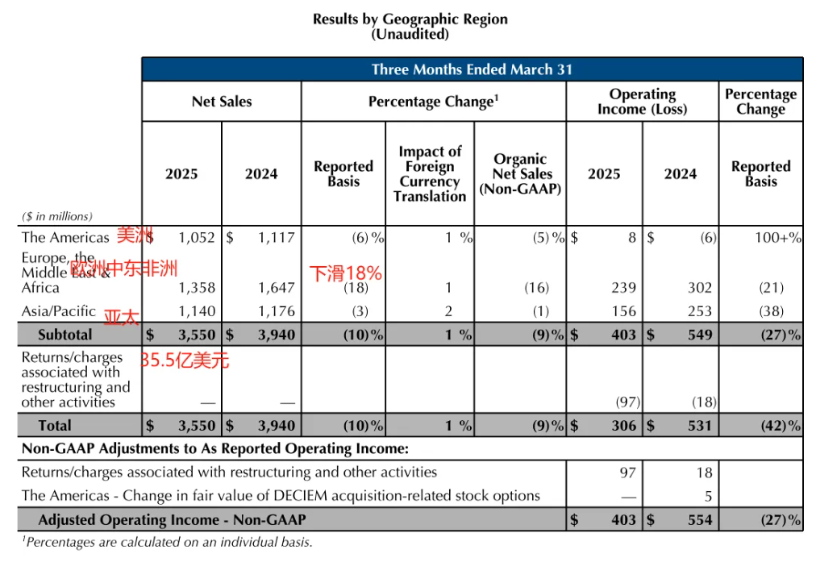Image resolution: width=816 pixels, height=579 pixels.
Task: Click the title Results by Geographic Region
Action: [x=410, y=19]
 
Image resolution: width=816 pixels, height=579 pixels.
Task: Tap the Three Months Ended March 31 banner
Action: [x=472, y=69]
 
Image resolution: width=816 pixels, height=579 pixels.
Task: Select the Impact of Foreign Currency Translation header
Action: [x=430, y=173]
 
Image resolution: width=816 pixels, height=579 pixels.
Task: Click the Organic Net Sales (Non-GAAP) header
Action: [x=520, y=174]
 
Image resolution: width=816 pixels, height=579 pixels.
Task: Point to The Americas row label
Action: [x=65, y=237]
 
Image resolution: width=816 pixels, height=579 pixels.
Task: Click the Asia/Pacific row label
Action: [x=58, y=311]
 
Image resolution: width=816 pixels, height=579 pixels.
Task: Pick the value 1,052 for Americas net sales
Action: [x=197, y=237]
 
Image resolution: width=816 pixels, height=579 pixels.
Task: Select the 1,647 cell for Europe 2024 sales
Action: [x=277, y=288]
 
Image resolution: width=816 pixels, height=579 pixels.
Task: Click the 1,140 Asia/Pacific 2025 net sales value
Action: [x=197, y=311]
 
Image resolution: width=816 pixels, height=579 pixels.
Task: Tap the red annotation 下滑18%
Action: [x=346, y=273]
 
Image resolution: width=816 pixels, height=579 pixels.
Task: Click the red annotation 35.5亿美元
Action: [x=185, y=360]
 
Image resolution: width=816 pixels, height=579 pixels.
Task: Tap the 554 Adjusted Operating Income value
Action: [x=700, y=520]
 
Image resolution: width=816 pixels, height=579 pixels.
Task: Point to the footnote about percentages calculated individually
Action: [x=167, y=543]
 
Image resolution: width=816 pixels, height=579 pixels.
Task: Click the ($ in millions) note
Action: [x=56, y=216]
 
